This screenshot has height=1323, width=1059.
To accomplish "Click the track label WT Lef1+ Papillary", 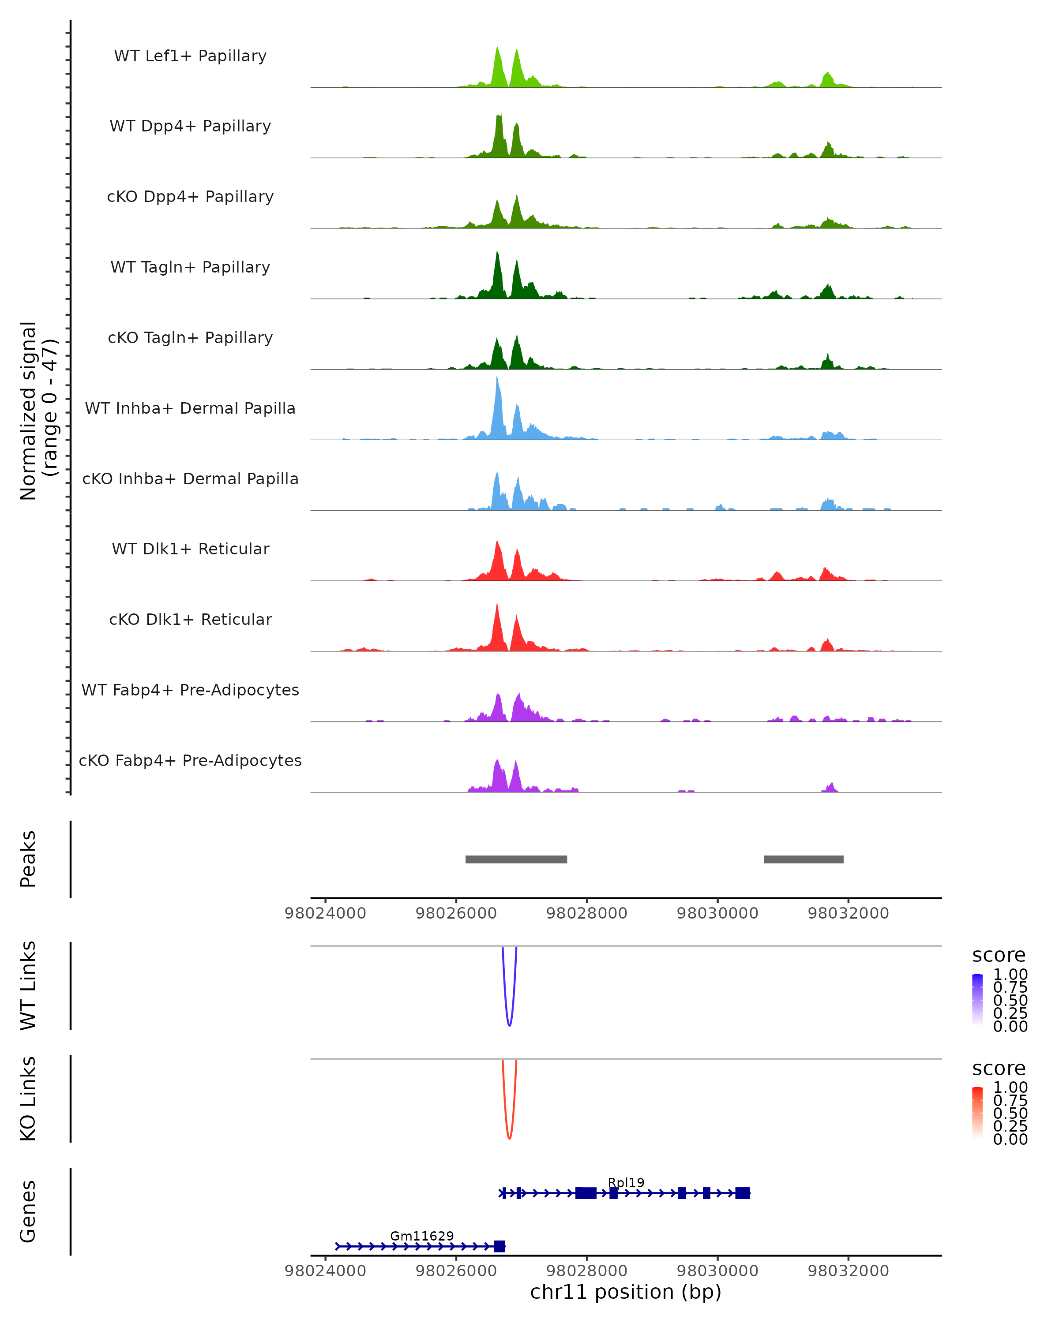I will pyautogui.click(x=190, y=56).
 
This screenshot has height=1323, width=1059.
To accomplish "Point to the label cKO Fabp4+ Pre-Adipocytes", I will pyautogui.click(x=190, y=760).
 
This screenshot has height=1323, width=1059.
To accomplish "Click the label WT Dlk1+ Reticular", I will pyautogui.click(x=190, y=549).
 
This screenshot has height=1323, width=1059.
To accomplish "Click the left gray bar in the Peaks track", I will pyautogui.click(x=516, y=859).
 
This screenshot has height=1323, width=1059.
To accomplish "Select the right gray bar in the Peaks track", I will pyautogui.click(x=803, y=859).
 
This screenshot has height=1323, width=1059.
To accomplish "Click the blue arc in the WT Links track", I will pyautogui.click(x=509, y=1024).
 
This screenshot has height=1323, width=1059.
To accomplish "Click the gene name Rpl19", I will pyautogui.click(x=626, y=1182).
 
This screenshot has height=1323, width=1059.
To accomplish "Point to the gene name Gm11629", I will pyautogui.click(x=422, y=1236).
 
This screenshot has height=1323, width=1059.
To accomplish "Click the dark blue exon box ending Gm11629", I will pyautogui.click(x=499, y=1246).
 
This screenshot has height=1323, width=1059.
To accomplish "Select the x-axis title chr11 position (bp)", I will pyautogui.click(x=626, y=1292).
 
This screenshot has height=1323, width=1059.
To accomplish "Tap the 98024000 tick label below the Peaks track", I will pyautogui.click(x=325, y=913).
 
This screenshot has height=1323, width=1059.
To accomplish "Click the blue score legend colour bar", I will pyautogui.click(x=977, y=1000).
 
